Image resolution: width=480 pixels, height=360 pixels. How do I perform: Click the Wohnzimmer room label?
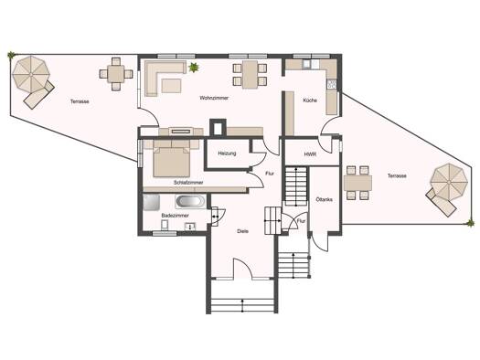214,98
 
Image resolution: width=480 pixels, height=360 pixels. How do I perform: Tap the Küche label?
310,101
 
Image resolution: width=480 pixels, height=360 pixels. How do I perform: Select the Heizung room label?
227,154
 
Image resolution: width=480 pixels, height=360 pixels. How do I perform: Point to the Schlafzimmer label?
188,183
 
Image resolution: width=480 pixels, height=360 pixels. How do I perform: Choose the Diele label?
242,231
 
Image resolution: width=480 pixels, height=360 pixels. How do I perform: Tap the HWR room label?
310,154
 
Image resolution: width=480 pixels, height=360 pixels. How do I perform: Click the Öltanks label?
325,200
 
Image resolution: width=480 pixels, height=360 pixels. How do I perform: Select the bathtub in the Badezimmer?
190,201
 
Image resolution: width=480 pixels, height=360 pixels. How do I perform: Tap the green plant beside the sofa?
194,68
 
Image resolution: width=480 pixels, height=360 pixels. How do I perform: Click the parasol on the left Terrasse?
31,74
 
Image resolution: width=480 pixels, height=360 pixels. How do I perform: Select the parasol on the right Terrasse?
449,183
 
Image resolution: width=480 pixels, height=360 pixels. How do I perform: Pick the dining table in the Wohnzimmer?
250,75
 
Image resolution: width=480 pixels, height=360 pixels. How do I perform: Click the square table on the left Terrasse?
116,74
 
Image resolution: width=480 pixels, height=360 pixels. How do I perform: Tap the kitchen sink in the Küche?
306,64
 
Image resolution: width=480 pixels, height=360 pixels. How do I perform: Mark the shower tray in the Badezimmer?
151,202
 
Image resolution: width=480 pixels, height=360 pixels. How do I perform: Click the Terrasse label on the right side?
397,175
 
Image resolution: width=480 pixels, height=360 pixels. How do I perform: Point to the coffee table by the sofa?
172,86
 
